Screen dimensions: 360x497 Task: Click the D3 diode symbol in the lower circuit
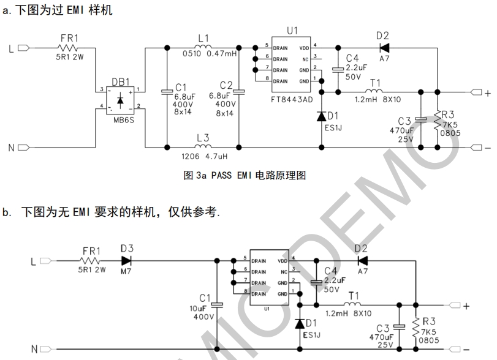(127, 260)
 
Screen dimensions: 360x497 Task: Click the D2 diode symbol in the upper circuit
(384, 46)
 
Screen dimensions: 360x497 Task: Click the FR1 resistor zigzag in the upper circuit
(69, 47)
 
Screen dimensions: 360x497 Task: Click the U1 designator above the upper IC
(292, 30)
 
